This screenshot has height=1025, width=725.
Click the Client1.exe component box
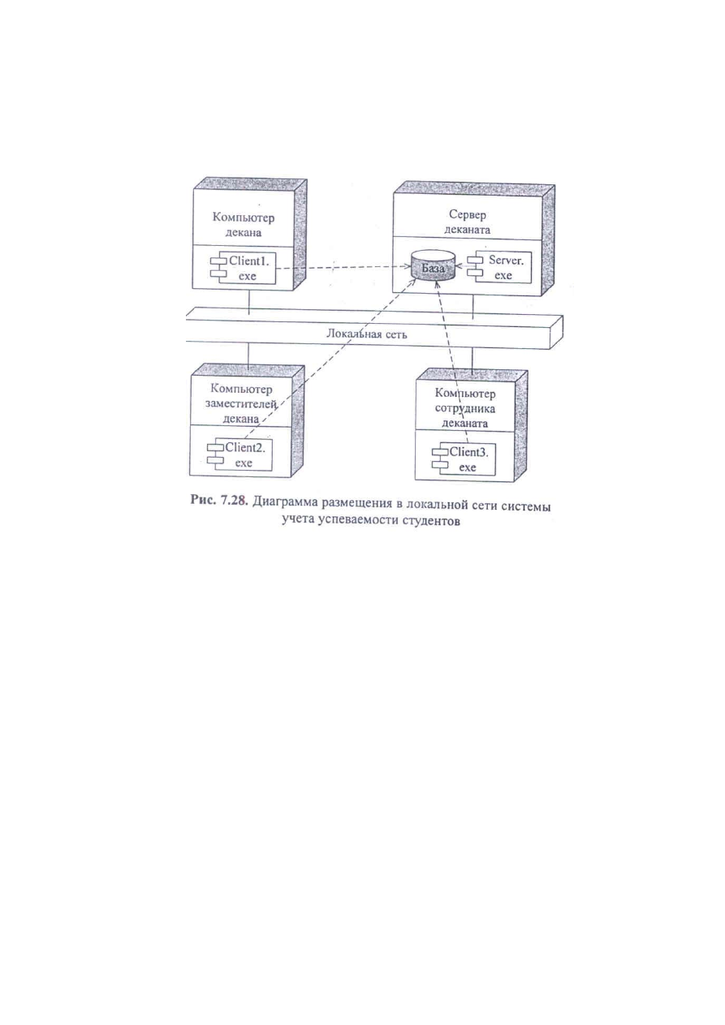coord(243,268)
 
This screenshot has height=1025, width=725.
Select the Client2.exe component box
coord(240,454)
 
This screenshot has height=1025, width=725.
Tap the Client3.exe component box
coord(464,459)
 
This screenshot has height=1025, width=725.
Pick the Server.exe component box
coord(499,267)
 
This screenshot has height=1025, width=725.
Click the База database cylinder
coord(433,266)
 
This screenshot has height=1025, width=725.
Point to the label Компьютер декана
coord(244,224)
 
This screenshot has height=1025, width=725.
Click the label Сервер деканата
coord(468,222)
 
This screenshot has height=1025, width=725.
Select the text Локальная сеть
coord(366,334)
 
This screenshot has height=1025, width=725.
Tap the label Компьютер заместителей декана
coord(241,403)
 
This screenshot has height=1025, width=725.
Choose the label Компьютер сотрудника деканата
coord(464,407)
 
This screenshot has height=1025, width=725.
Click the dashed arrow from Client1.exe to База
coord(343,267)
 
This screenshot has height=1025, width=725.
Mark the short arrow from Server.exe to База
coord(461,266)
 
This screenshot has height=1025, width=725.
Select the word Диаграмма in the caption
coord(285,504)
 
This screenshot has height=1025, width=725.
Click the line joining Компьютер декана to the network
coord(249,303)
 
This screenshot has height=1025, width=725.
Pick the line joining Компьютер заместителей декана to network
coord(248,356)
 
